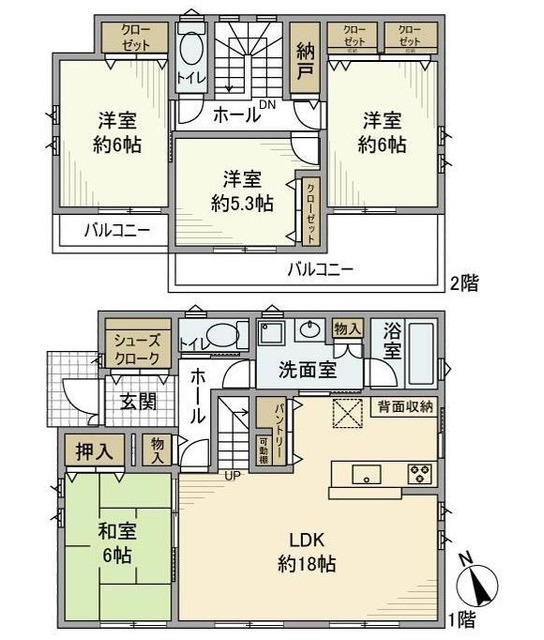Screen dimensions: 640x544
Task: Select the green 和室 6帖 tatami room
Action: click(118, 545)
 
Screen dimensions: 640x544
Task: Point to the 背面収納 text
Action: click(405, 405)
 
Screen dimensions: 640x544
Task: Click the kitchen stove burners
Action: click(418, 471)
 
